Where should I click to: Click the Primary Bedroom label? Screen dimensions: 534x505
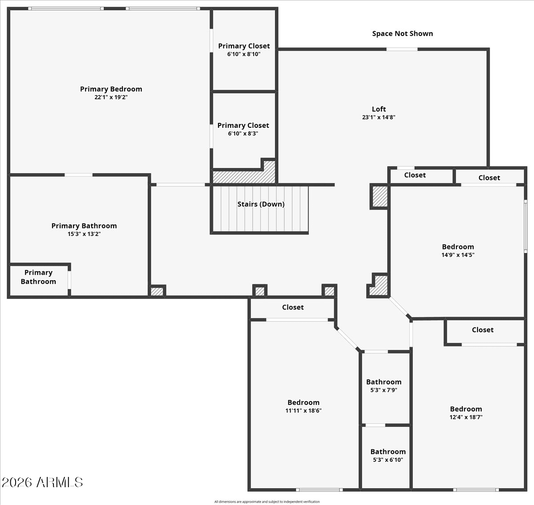pos(111,89)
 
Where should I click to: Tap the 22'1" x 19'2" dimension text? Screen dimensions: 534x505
pos(111,97)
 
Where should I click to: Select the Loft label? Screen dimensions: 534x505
pos(379,109)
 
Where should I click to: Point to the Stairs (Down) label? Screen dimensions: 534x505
pos(261,204)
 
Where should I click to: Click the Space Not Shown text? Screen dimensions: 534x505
pos(403,34)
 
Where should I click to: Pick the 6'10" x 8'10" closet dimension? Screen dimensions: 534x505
pos(244,54)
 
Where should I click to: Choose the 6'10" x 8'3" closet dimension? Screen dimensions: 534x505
pos(243,134)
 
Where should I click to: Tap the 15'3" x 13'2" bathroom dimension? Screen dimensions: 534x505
pos(84,234)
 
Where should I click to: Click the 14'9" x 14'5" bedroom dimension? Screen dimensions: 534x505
pos(458,255)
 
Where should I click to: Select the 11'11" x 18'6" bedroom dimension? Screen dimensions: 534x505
pos(303,411)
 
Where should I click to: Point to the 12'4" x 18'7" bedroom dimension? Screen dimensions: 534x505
pos(466,417)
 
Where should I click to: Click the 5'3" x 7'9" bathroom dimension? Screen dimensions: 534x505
pos(384,390)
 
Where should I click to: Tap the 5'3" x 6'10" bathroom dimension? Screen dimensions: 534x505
pos(388,460)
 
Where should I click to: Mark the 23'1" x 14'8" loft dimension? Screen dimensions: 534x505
pos(379,118)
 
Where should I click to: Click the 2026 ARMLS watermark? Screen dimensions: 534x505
pos(42,482)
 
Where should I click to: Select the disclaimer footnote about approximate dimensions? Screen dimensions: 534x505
pos(267,501)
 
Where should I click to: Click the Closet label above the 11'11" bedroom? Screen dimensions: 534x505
pos(293,307)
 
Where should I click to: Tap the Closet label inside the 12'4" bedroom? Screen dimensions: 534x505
pos(483,330)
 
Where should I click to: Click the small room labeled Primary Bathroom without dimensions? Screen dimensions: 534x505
pos(38,280)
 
